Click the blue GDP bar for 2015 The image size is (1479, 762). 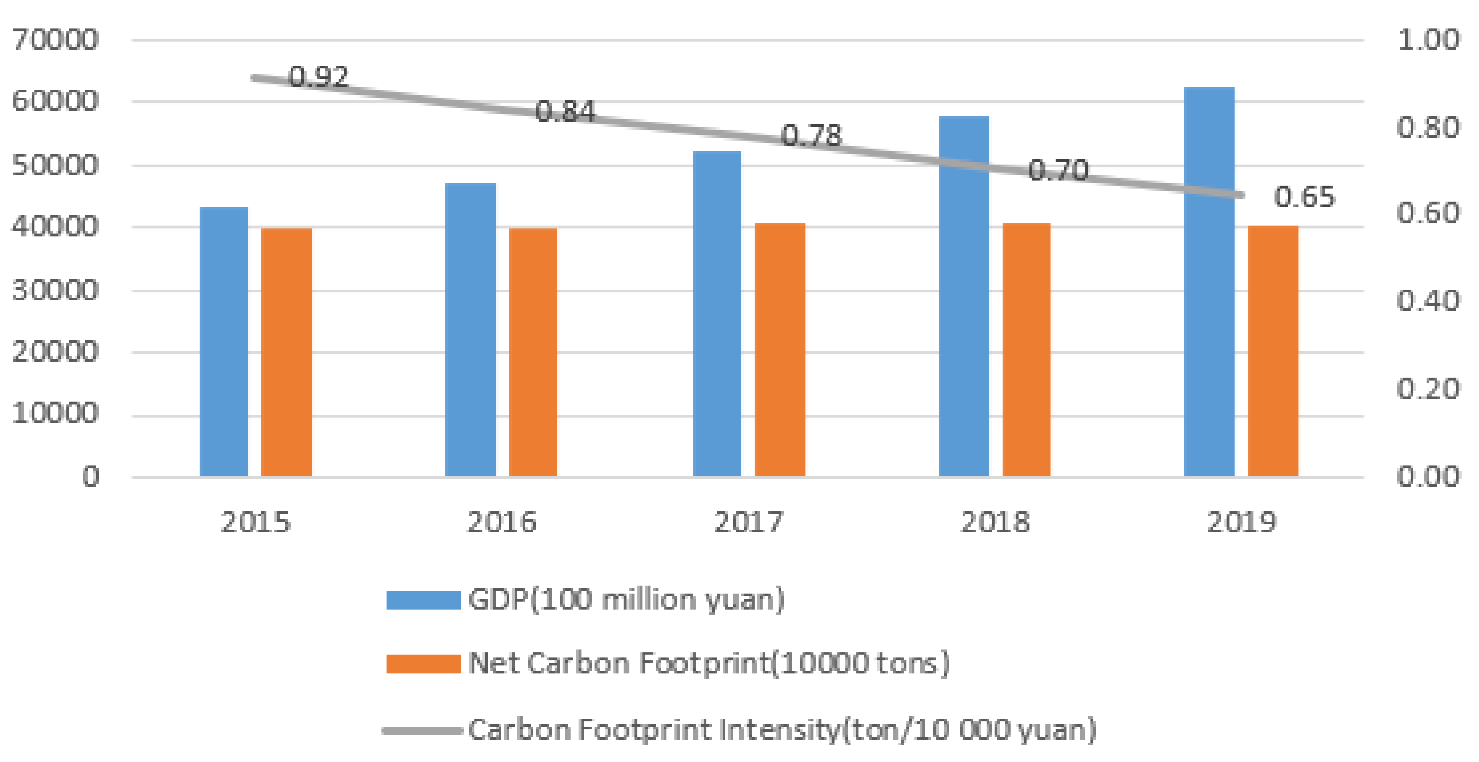tap(224, 342)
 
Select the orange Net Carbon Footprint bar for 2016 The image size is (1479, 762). tap(533, 352)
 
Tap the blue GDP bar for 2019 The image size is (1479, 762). tap(1209, 282)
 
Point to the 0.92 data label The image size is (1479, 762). tap(319, 77)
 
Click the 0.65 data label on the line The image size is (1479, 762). tap(1304, 197)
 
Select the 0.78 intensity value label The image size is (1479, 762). tap(811, 135)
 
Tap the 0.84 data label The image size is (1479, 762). tap(565, 111)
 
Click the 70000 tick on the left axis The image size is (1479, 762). tap(55, 40)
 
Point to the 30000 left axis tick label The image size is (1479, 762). tap(55, 290)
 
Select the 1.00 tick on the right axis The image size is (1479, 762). tap(1427, 40)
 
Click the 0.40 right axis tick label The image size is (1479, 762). tap(1427, 300)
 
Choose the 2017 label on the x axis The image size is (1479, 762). tap(748, 522)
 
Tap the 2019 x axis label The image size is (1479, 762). tap(1241, 522)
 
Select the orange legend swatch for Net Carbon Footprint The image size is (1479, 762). tap(423, 664)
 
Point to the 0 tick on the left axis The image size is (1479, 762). tap(90, 477)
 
